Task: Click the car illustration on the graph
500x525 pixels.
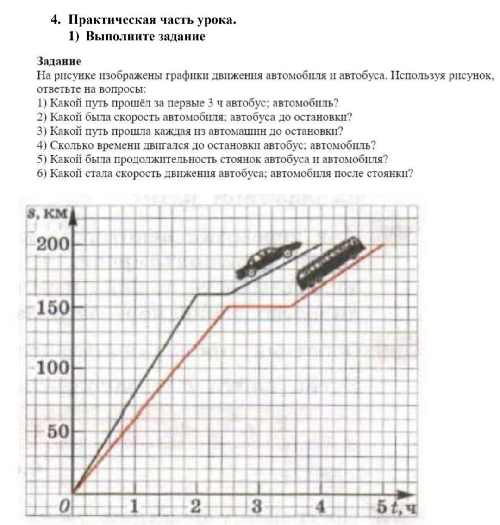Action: pyautogui.click(x=268, y=260)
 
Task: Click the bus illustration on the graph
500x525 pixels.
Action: pyautogui.click(x=329, y=262)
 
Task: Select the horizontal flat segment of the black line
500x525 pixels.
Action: pyautogui.click(x=212, y=294)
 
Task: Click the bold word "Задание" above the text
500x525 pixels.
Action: pyautogui.click(x=59, y=62)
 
